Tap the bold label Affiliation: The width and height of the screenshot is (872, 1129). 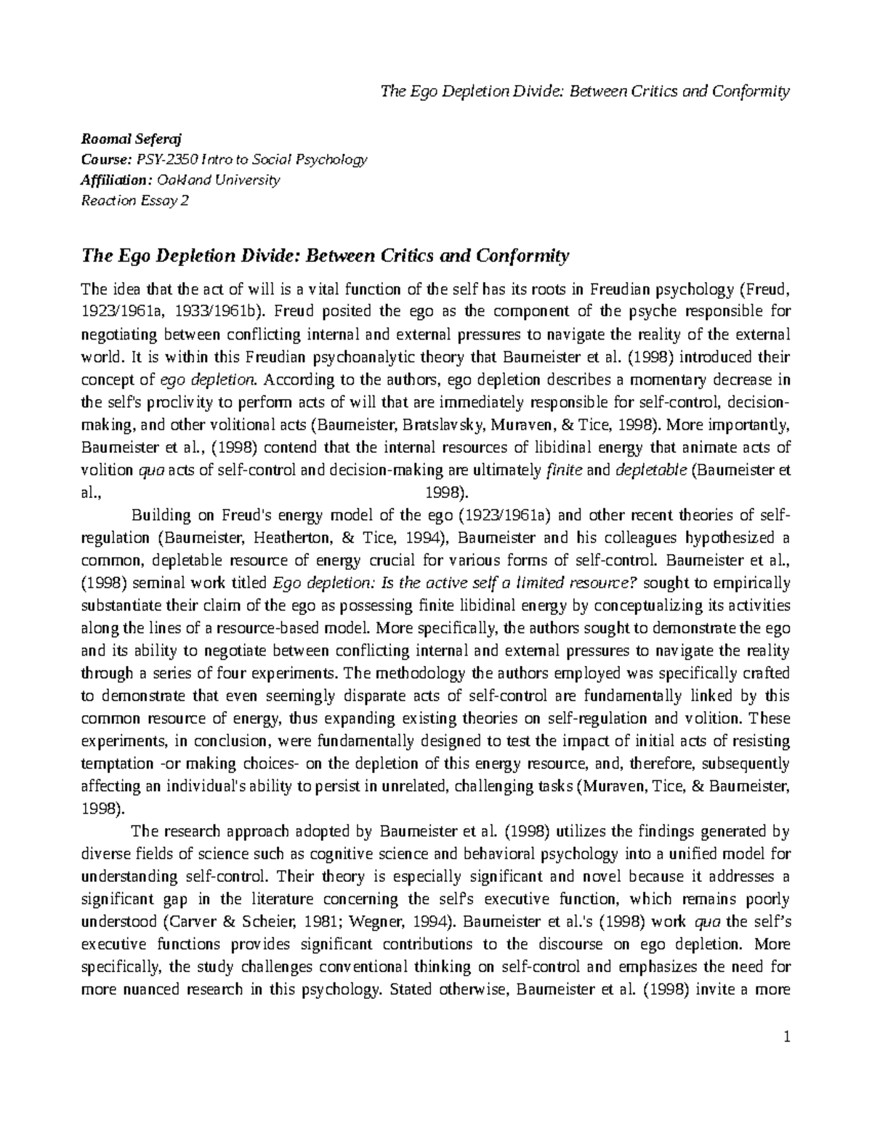coord(116,180)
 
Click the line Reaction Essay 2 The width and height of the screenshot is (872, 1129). coord(135,201)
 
